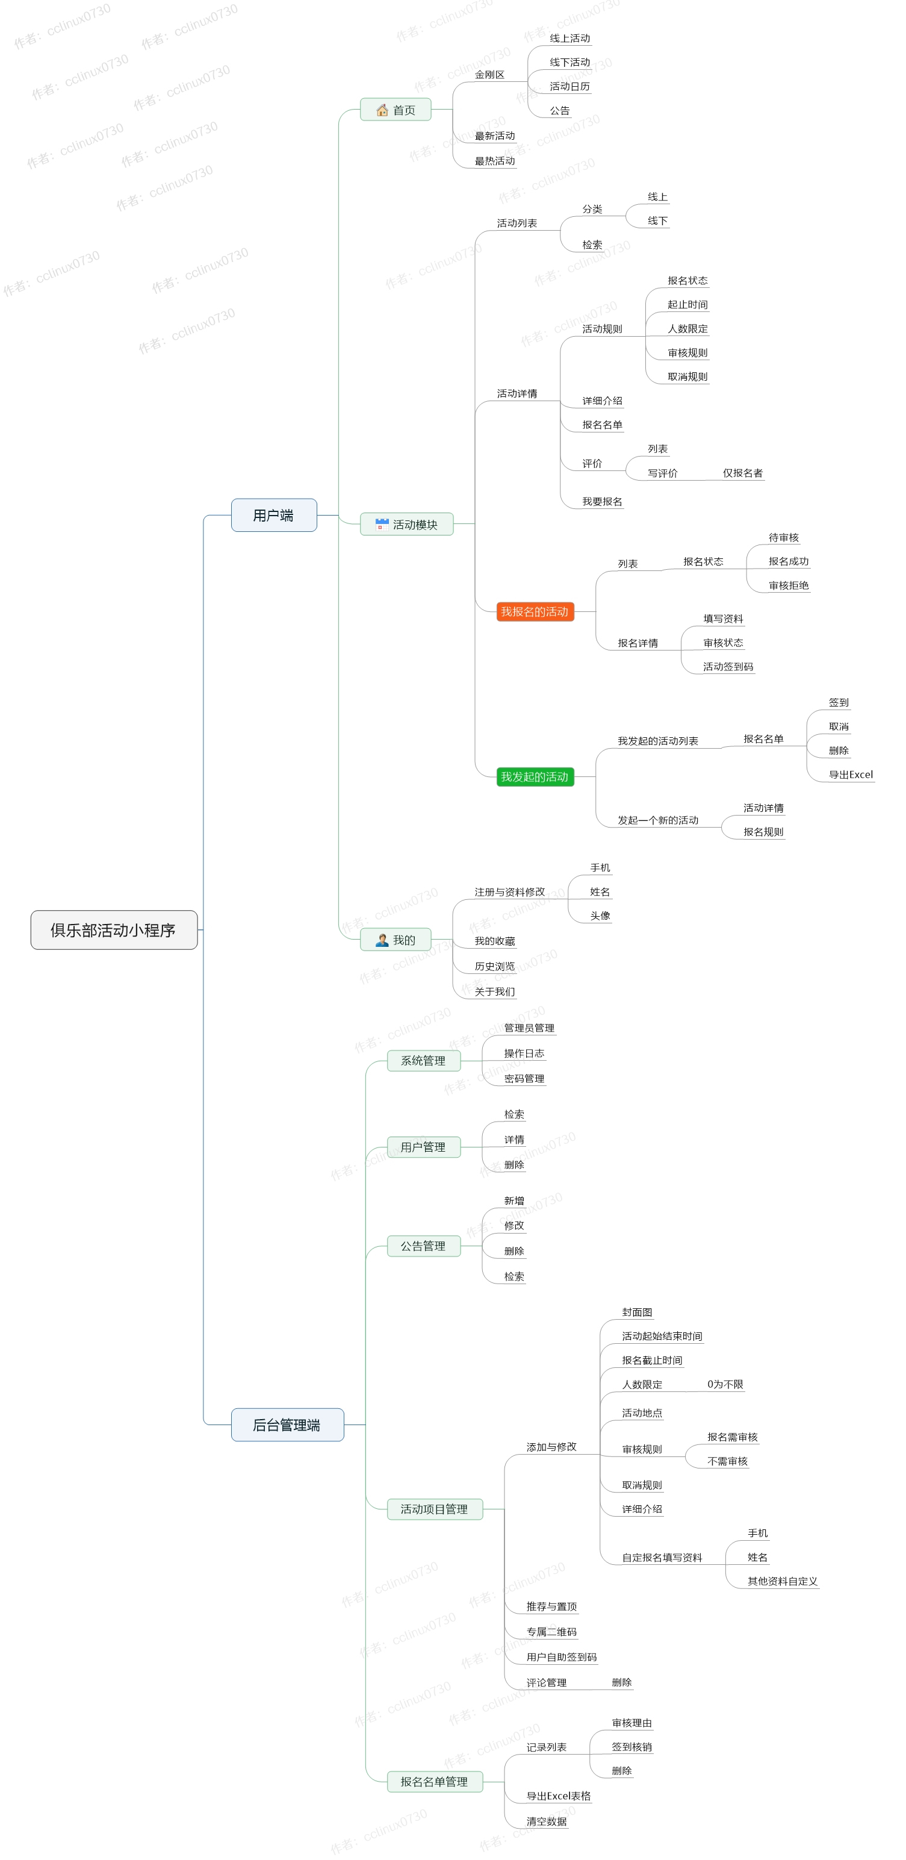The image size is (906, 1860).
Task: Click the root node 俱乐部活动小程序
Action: (x=113, y=929)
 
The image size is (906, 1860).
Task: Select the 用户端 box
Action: (x=273, y=515)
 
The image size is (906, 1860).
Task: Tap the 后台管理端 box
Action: (x=287, y=1424)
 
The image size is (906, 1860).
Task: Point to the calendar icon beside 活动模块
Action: (x=382, y=524)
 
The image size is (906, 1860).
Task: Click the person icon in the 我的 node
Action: (x=382, y=940)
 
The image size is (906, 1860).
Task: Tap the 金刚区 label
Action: (x=489, y=74)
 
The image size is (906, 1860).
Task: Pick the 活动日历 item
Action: (x=569, y=86)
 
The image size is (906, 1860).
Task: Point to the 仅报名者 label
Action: (x=742, y=473)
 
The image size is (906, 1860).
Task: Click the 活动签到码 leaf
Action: (x=728, y=666)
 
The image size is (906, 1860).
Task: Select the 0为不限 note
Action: (x=725, y=1384)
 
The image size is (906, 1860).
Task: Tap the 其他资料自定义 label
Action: (x=782, y=1581)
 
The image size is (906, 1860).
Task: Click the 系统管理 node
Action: (x=423, y=1060)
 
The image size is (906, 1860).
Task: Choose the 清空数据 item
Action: (x=546, y=1821)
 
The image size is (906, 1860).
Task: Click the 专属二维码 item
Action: (x=551, y=1631)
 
